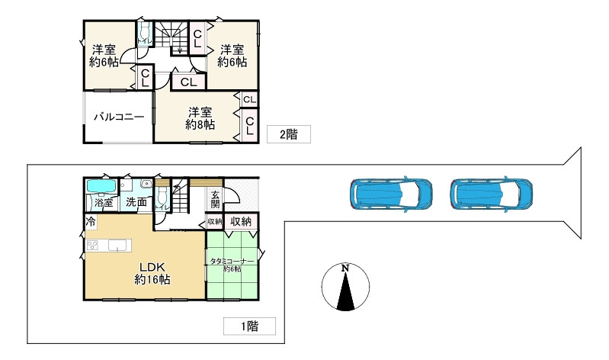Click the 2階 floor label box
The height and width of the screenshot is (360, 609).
(x=289, y=134)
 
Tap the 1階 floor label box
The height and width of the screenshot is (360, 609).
(x=249, y=326)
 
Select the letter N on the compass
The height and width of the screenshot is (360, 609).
(x=345, y=268)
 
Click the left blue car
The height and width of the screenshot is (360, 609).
(x=391, y=194)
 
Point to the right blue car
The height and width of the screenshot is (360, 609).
(x=492, y=194)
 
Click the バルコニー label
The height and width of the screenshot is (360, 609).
(x=119, y=117)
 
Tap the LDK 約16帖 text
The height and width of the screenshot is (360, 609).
(x=152, y=273)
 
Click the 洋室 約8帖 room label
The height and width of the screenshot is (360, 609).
(x=200, y=118)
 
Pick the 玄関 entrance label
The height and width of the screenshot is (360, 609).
(x=215, y=199)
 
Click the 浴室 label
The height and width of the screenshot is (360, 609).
(x=104, y=203)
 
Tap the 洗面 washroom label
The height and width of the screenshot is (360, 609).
(x=136, y=203)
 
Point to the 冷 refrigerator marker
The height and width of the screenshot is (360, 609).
(x=91, y=223)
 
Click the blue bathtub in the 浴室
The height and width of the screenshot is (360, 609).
(x=101, y=186)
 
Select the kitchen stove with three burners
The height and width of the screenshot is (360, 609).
(x=92, y=245)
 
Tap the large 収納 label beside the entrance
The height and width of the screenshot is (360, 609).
(x=241, y=222)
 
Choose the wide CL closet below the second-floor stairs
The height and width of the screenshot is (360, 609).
(x=189, y=82)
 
